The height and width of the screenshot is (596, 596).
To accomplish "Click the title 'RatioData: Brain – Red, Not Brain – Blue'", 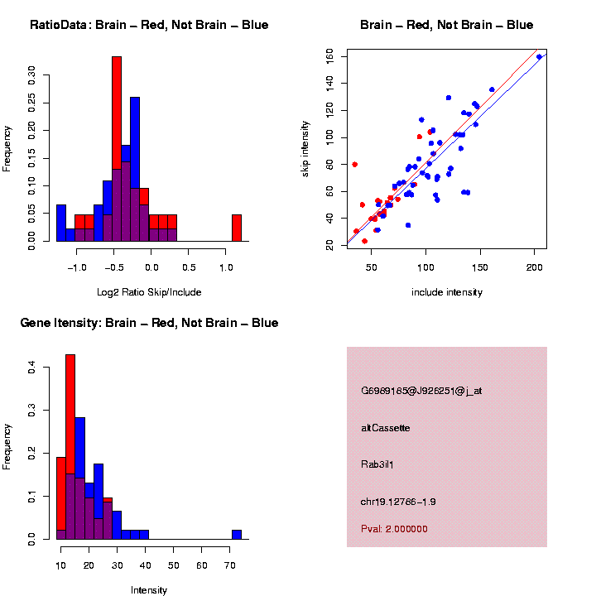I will click(x=149, y=25).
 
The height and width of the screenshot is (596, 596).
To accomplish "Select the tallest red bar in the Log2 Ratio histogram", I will click(x=117, y=149).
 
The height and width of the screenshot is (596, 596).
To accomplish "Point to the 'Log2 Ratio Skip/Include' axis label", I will click(x=149, y=292).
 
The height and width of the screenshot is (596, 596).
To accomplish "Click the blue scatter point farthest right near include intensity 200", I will click(x=539, y=57).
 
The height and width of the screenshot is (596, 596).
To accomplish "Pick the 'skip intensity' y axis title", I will click(x=305, y=147).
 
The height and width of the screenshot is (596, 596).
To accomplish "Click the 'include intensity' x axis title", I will click(x=447, y=292).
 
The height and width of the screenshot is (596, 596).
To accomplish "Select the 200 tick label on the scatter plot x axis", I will click(x=535, y=267).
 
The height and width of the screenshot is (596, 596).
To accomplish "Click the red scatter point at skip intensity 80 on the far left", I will click(x=355, y=164).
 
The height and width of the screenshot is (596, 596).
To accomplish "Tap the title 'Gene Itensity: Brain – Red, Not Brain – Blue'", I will click(x=149, y=323).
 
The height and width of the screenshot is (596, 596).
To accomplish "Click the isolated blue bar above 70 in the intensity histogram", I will click(x=237, y=535).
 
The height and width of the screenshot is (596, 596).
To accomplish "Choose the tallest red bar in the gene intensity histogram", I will click(x=70, y=447).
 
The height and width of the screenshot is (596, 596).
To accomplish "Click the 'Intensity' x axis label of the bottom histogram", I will click(x=149, y=590).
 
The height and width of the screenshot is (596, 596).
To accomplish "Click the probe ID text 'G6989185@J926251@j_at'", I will click(x=421, y=391).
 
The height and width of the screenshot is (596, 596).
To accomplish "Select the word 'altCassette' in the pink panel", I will click(x=386, y=428).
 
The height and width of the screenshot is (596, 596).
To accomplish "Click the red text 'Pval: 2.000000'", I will click(x=395, y=528).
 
